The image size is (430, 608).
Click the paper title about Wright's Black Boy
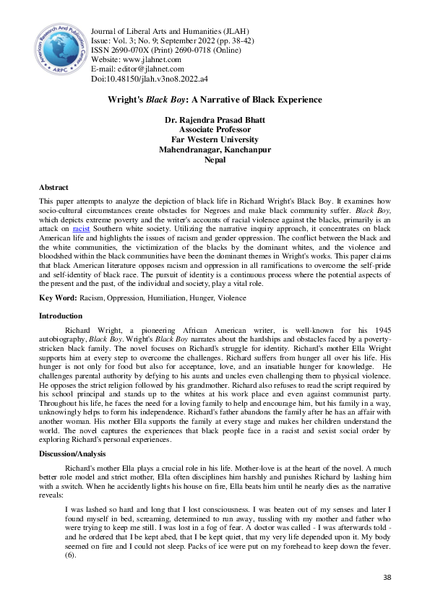tap(215, 100)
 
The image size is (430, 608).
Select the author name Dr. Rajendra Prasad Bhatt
tap(215, 119)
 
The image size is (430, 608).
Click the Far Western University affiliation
tap(215, 139)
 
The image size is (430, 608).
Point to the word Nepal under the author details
tap(215, 160)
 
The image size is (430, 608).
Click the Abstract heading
tap(54, 187)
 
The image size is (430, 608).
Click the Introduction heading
tap(61, 316)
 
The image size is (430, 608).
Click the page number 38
tap(386, 578)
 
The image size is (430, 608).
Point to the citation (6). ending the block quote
tap(70, 555)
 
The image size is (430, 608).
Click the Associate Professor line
tap(215, 129)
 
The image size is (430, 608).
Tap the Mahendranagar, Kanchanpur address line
tap(215, 149)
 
